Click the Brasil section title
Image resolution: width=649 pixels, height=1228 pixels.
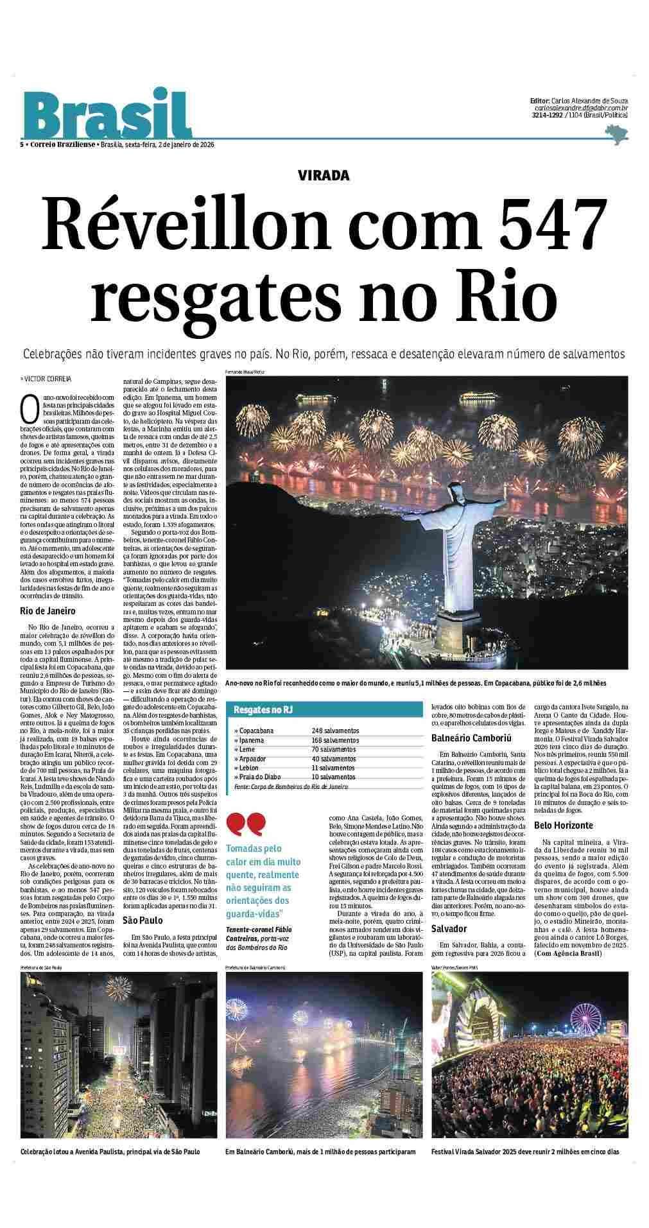107,116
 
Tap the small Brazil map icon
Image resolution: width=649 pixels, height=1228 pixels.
617,134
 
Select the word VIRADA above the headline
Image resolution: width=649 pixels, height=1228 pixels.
324,175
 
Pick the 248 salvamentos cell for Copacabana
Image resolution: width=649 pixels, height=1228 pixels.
336,731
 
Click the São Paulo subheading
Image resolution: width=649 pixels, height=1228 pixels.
143,921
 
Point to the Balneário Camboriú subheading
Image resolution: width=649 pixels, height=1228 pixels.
470,739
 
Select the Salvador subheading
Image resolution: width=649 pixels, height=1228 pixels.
449,929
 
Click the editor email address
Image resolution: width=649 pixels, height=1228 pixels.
581,108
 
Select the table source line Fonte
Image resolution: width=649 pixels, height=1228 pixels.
291,786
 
